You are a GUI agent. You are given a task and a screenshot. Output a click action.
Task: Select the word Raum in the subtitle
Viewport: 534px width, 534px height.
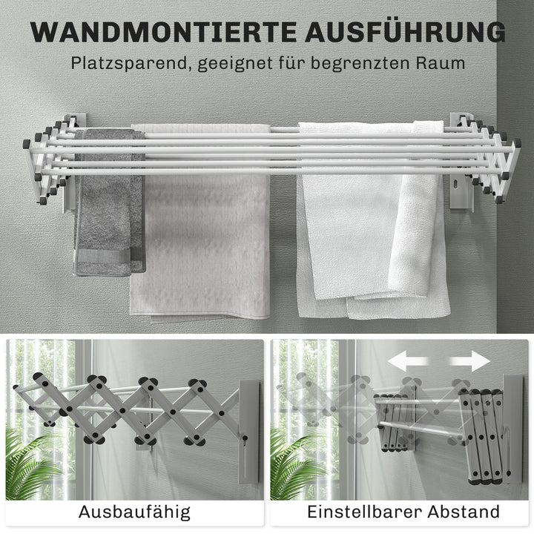441,62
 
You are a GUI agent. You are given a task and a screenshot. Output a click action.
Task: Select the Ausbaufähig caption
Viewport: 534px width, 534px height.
134,511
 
